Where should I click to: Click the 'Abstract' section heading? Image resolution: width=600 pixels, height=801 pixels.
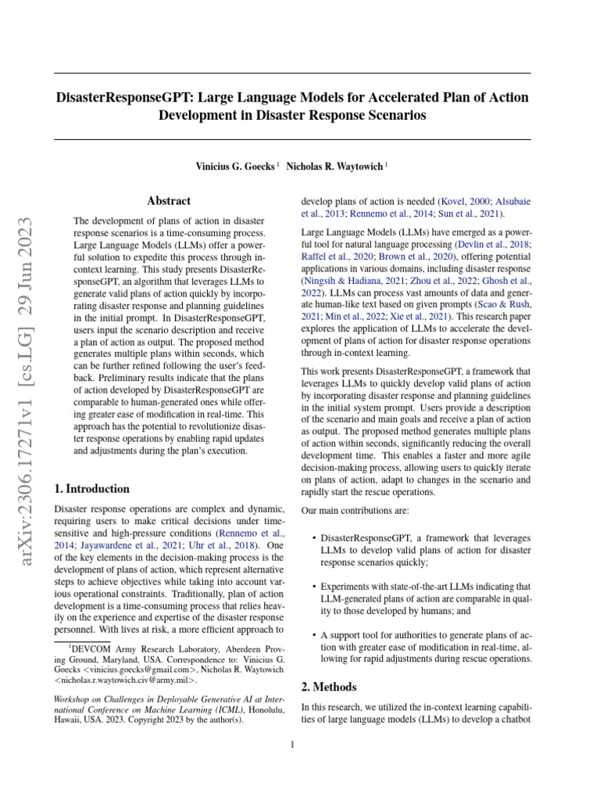click(x=170, y=201)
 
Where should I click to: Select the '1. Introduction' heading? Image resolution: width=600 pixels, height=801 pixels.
click(x=92, y=489)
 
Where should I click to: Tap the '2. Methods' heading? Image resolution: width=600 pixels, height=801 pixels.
click(x=329, y=687)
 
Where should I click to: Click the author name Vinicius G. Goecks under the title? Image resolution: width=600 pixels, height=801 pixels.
click(x=236, y=167)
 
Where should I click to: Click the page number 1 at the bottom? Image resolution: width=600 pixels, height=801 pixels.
click(x=292, y=744)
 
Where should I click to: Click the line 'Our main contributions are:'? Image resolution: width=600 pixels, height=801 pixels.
click(x=350, y=510)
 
